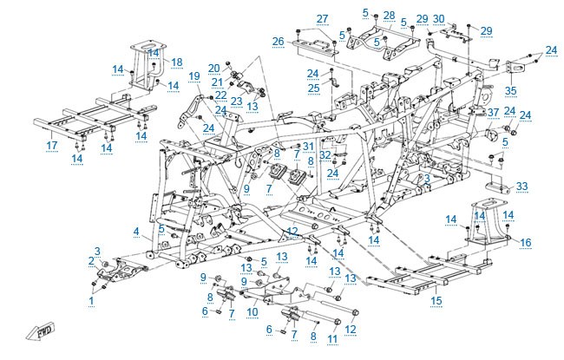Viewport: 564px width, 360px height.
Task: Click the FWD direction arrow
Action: coord(40,331)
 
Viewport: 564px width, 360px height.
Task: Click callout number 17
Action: coord(52,145)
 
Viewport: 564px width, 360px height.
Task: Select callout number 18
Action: coord(177,62)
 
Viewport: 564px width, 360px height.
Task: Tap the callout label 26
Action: coord(278,42)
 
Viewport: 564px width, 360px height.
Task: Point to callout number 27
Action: coord(322,19)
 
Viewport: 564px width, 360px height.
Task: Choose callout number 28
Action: coord(390,16)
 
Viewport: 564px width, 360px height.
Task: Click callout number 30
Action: coord(439,18)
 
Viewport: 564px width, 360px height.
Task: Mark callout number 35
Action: coord(510,90)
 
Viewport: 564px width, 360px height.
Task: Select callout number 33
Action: coord(521,186)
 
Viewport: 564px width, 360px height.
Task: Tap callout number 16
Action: coord(526,243)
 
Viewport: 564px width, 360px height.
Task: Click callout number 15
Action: coord(436,300)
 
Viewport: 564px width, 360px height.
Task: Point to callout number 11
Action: coord(332,338)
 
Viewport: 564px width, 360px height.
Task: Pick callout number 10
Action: coord(252,311)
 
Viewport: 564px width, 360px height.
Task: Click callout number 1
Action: coord(91,300)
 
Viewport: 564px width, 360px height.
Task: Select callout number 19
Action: coord(194,76)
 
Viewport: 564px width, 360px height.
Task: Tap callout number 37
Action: coord(493,113)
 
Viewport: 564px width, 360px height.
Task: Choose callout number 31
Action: coord(308,146)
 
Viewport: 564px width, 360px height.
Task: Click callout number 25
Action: coord(313,88)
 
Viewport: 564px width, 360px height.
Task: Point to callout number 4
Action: coord(136,232)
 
